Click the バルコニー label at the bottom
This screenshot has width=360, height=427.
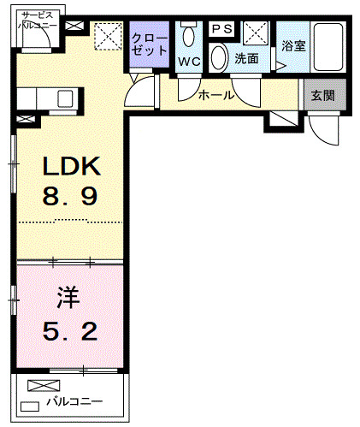tap(74, 401)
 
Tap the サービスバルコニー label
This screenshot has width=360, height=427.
tap(38, 21)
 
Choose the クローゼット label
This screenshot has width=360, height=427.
tap(150, 44)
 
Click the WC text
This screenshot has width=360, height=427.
tap(189, 61)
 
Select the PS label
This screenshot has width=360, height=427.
tap(221, 29)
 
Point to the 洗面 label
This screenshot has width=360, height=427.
tap(246, 59)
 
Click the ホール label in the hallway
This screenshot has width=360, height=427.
tap(215, 95)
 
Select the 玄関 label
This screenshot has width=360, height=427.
tap(323, 96)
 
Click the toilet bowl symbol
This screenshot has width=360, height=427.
tap(189, 37)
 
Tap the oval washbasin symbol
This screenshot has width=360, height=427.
tap(219, 58)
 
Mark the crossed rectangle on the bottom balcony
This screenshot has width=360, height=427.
tap(39, 386)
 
